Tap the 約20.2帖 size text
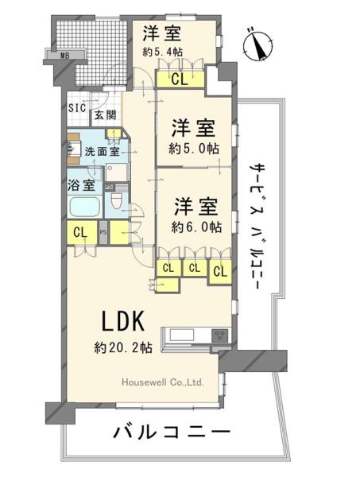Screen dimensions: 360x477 [123, 347]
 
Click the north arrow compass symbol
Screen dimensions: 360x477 [257, 45]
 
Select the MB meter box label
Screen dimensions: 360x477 [64, 56]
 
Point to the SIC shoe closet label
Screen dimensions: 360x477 [77, 107]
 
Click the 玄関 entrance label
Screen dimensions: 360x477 [105, 115]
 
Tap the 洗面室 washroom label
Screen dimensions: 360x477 [102, 151]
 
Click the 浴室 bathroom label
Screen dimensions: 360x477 [81, 184]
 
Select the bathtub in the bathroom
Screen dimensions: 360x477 [85, 207]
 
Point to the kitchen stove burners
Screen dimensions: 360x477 [220, 335]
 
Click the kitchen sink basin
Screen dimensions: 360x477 [182, 335]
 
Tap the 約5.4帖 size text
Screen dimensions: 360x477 [163, 52]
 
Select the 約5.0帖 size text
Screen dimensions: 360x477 [194, 149]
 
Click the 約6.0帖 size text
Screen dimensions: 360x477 [196, 227]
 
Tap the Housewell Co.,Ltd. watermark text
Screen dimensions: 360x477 [162, 382]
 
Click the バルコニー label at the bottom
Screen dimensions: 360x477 [171, 432]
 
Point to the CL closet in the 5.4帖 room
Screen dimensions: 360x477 [180, 79]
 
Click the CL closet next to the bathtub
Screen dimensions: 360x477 [80, 233]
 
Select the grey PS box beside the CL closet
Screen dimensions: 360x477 [103, 232]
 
